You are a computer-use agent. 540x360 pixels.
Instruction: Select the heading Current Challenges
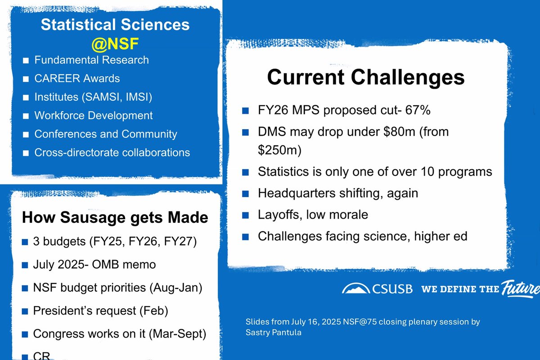[x=365, y=77]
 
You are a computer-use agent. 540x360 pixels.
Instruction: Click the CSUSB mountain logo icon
[x=355, y=288]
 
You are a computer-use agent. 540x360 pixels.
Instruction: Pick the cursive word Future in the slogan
[x=520, y=288]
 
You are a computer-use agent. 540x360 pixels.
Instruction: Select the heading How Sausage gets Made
[x=115, y=218]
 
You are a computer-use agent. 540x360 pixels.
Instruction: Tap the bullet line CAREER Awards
[x=77, y=78]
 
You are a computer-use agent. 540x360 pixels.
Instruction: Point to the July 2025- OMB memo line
[x=94, y=264]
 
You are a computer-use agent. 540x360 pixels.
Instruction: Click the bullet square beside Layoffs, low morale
[x=245, y=215]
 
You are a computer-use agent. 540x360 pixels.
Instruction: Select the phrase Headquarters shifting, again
[x=338, y=193]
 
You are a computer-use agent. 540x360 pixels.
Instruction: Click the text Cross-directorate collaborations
[x=112, y=153]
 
